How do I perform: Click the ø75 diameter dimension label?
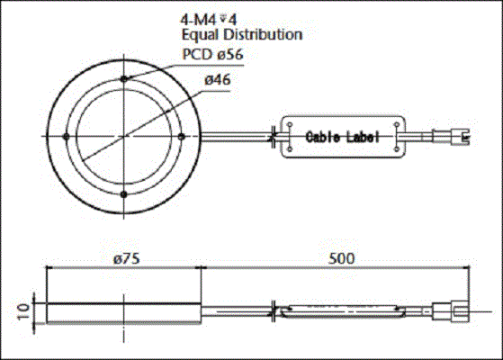pyautogui.click(x=127, y=258)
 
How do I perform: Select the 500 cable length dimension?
pyautogui.click(x=342, y=258)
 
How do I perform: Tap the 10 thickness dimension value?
pyautogui.click(x=23, y=311)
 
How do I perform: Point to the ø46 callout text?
pyautogui.click(x=218, y=80)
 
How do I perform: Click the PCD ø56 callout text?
pyautogui.click(x=212, y=54)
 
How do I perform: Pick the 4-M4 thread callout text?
pyautogui.click(x=209, y=20)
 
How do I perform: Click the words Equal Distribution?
pyautogui.click(x=242, y=35)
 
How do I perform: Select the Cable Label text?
pyautogui.click(x=343, y=137)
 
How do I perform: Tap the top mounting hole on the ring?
pyautogui.click(x=124, y=78)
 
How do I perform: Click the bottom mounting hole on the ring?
pyautogui.click(x=124, y=194)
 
